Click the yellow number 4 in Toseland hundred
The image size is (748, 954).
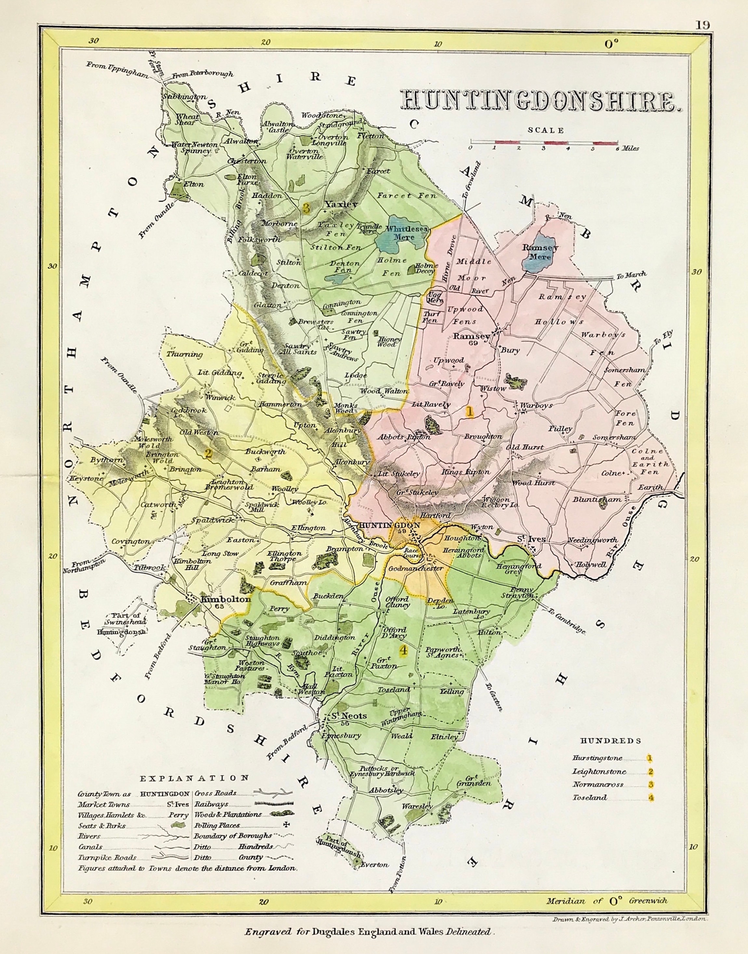[x=403, y=651]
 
